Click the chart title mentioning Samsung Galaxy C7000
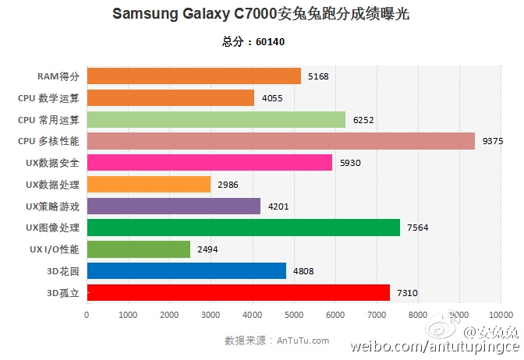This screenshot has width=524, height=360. (x=261, y=14)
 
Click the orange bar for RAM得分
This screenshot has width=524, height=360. (x=193, y=76)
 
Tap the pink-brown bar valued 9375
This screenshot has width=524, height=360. (x=281, y=141)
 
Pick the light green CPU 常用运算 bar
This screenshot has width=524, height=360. (x=216, y=119)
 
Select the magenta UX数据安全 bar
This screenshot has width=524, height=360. (x=210, y=163)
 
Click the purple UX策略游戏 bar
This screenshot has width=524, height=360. (x=174, y=206)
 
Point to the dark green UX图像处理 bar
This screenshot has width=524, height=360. (x=243, y=228)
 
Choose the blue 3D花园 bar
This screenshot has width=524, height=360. (x=186, y=270)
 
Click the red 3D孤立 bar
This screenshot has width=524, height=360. (x=238, y=292)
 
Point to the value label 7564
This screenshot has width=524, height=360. (x=418, y=228)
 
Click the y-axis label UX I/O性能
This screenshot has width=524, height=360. (x=52, y=249)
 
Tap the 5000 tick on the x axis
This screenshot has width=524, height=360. (x=293, y=315)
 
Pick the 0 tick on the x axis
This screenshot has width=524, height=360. (x=87, y=315)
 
